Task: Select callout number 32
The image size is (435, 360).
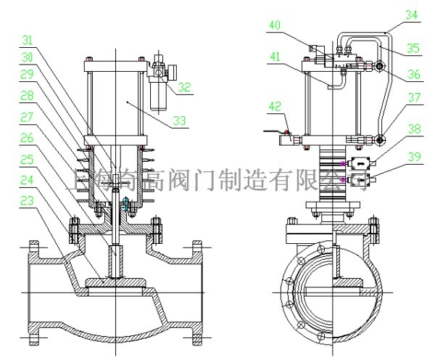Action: pos(186,88)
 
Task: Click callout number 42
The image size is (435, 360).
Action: pos(275,105)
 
